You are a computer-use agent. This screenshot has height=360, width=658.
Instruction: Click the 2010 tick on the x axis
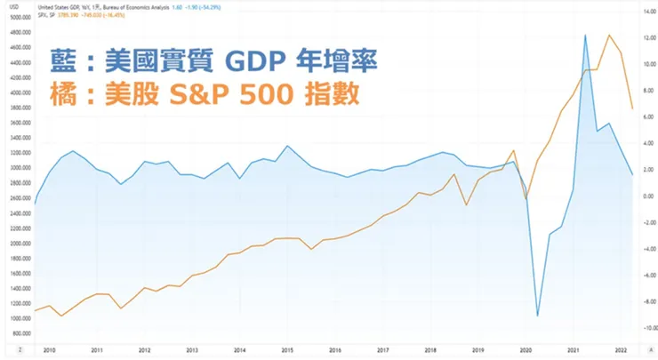[49, 350]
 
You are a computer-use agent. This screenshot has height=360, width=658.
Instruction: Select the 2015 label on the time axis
[286, 350]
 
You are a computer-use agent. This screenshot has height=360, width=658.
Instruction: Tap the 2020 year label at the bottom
[525, 350]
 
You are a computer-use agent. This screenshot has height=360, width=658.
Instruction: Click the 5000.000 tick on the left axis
[17, 17]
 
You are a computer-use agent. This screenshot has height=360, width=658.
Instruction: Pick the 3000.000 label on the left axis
[17, 167]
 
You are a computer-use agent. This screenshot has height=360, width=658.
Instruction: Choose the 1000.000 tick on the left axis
[17, 317]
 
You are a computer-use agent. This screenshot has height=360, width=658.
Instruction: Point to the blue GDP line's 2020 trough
[538, 315]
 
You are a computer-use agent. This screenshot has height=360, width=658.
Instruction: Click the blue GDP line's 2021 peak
[585, 36]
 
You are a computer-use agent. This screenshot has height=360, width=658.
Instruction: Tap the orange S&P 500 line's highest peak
[609, 36]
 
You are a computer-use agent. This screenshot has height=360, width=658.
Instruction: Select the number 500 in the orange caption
[285, 93]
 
